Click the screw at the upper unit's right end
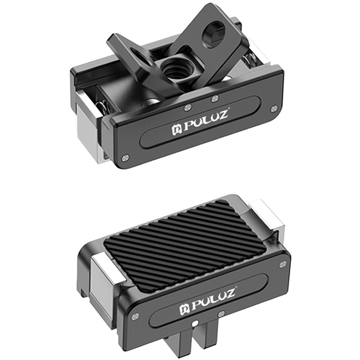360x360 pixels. point(274,108)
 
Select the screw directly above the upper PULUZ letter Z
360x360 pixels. point(215,98)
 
